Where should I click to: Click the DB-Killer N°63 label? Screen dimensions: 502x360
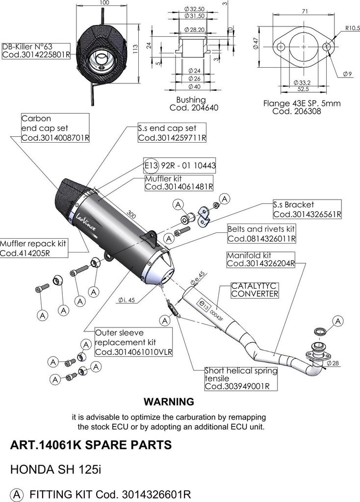(x=32, y=51)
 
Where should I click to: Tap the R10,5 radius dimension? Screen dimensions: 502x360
(x=352, y=27)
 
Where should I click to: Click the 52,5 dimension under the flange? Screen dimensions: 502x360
(x=303, y=89)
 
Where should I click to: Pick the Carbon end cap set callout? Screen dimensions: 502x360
(x=55, y=128)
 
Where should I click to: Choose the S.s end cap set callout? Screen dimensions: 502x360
(x=172, y=133)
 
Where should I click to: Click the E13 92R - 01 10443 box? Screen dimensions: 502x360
(x=180, y=166)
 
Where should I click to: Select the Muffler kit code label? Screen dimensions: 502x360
(x=180, y=182)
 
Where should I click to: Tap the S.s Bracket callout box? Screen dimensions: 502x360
(x=307, y=209)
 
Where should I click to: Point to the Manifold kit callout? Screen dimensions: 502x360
(x=260, y=259)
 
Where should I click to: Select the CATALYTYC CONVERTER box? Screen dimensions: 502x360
(x=255, y=290)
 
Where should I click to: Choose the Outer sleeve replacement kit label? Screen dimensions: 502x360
(x=133, y=342)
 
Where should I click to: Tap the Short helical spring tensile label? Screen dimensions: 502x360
(x=240, y=378)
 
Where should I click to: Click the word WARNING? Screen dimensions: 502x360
(x=169, y=402)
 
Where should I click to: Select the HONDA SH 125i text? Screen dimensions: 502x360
(x=56, y=469)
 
